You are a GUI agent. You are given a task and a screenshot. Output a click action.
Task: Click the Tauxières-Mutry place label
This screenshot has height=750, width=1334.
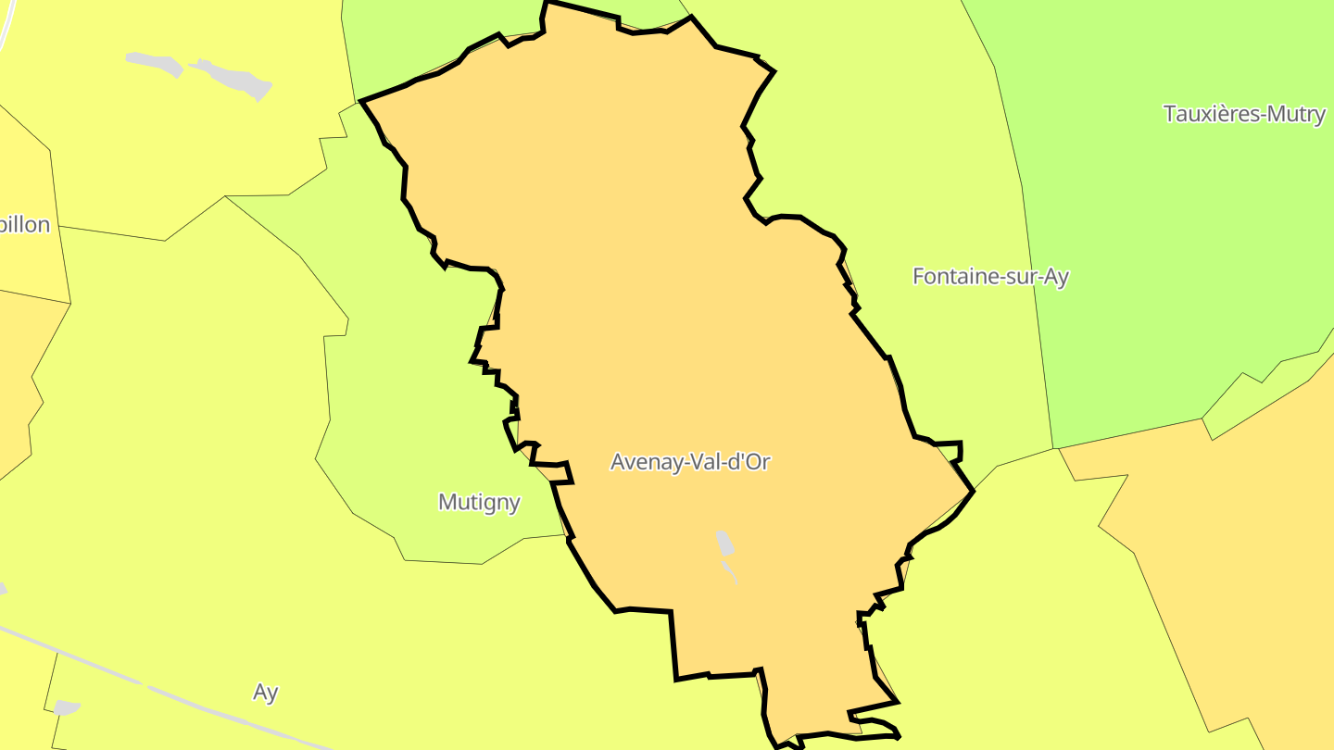(1244, 114)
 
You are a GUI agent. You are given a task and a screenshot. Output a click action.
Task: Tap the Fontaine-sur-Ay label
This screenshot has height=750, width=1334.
(990, 276)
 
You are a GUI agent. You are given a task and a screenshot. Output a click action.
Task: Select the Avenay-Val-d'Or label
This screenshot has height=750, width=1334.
(690, 462)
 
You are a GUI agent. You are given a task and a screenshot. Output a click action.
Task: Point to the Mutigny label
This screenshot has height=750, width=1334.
(479, 503)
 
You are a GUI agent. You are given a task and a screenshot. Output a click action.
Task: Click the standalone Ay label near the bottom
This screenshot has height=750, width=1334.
(266, 693)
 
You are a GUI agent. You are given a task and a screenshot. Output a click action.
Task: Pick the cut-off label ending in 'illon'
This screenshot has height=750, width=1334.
(25, 225)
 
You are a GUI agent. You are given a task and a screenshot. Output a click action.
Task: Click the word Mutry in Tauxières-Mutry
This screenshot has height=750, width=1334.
(1297, 114)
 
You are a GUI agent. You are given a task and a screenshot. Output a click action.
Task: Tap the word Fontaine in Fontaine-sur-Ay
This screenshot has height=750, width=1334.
(949, 276)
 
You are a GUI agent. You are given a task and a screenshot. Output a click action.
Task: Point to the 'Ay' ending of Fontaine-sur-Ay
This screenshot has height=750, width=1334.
(1055, 276)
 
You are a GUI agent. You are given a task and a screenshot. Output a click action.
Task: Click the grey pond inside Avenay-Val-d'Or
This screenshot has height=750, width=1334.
(724, 544)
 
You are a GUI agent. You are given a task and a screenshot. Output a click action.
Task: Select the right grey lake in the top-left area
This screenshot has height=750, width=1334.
(233, 78)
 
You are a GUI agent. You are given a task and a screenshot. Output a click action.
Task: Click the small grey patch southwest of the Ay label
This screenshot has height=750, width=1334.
(66, 707)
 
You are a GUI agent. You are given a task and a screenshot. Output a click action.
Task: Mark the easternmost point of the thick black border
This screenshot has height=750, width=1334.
(973, 492)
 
